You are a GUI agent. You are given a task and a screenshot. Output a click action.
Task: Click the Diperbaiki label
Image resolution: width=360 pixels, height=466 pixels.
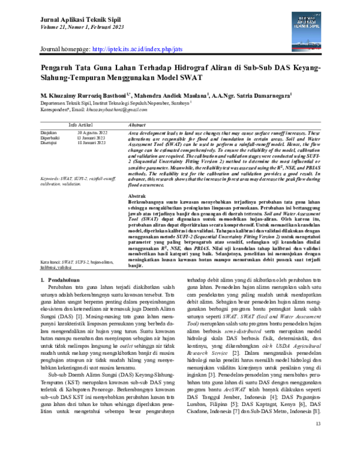pos(52,138)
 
